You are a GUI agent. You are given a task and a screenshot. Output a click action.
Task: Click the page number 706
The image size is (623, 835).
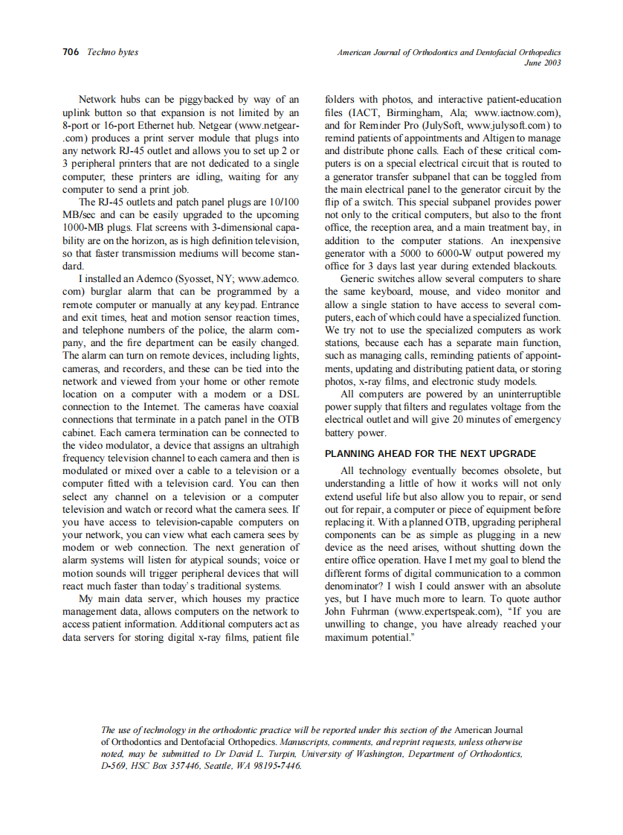coord(71,52)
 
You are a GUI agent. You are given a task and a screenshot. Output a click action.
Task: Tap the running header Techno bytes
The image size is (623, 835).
coord(112,52)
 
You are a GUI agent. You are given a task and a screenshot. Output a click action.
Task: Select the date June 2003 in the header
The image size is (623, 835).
coord(543,63)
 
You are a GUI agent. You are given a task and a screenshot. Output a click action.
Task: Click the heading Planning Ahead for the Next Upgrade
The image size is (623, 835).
coord(430,453)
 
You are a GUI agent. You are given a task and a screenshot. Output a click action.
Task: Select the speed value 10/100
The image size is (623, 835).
coord(283,202)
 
